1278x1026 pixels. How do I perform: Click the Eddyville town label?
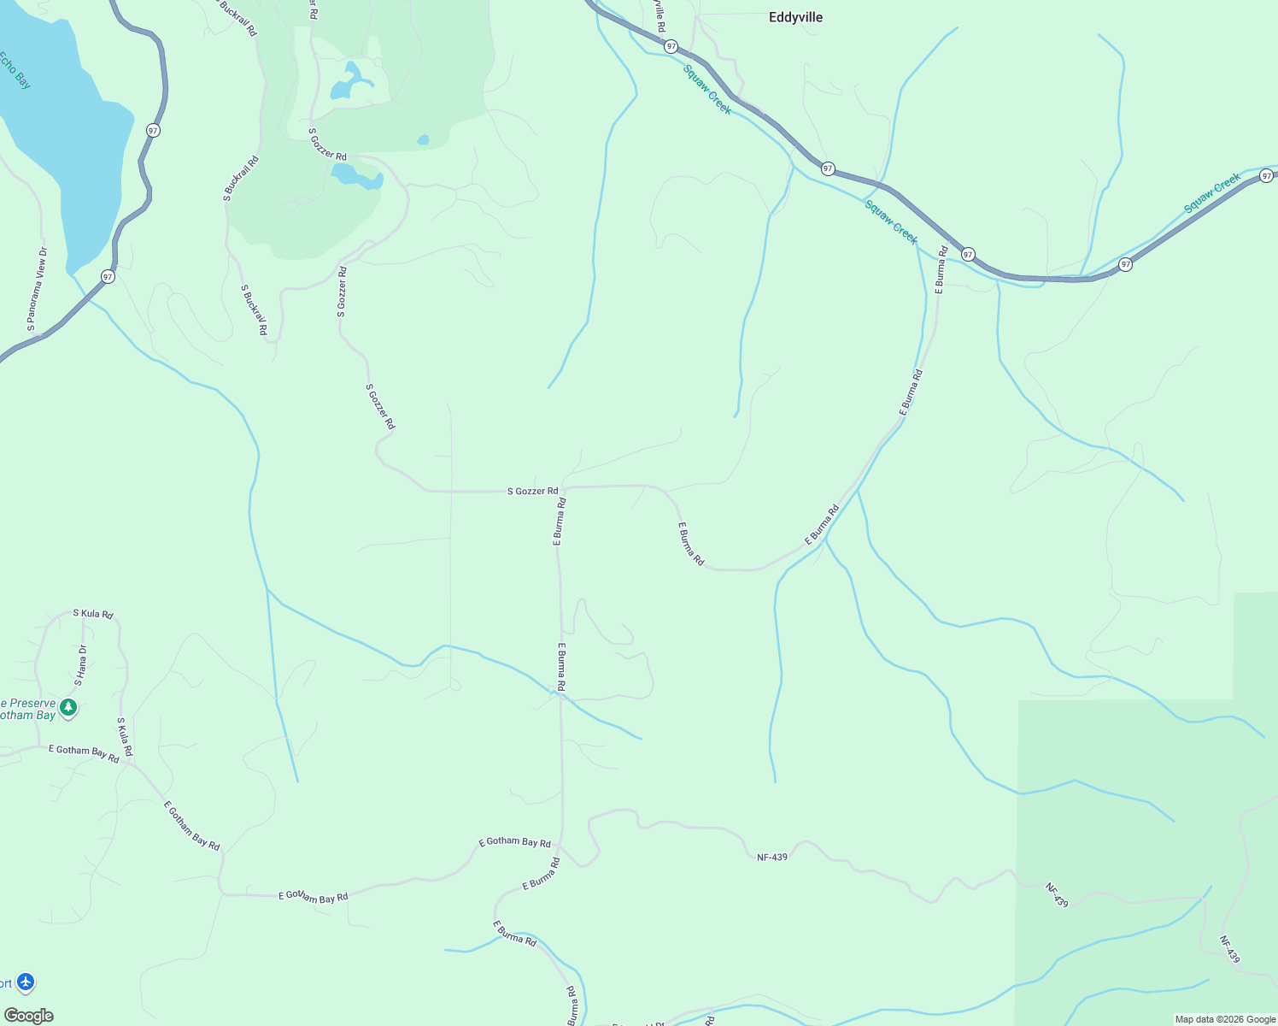[795, 17]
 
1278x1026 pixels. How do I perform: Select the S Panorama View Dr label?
[37, 289]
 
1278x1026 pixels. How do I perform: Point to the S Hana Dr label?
[81, 665]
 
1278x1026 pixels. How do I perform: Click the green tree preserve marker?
[69, 708]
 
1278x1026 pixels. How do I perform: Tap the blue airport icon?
[26, 982]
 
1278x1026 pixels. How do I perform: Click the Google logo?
[28, 1016]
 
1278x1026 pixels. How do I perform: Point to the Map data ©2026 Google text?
[1225, 1019]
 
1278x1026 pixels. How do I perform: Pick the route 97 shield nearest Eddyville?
[671, 46]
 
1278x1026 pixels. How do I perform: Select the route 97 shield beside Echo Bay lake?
[153, 130]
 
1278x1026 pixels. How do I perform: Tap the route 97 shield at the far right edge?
[1267, 176]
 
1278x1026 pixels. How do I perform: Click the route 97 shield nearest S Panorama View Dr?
[108, 276]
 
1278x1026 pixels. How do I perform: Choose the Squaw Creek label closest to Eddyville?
[707, 89]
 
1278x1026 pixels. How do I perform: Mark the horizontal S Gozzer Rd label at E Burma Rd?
[532, 492]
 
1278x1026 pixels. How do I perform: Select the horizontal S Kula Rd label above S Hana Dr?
[93, 614]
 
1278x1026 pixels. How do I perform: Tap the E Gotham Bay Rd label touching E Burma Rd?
[514, 842]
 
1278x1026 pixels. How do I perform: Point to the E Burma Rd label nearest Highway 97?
[941, 270]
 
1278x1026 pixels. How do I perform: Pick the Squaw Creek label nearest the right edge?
[1212, 194]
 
